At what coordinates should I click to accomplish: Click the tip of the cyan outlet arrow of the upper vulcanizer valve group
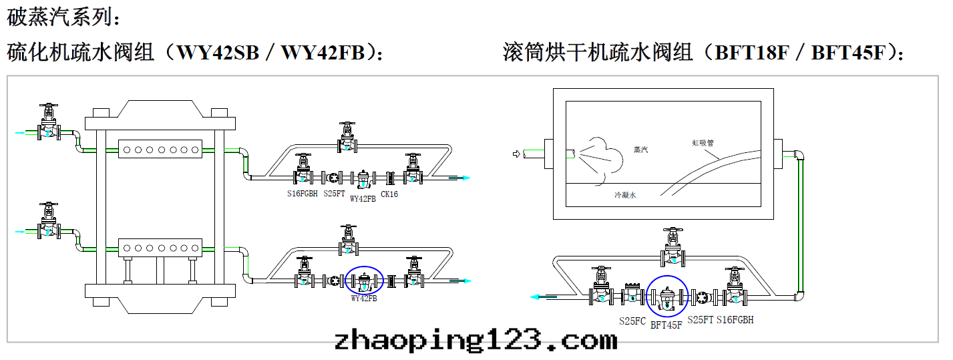(470, 178)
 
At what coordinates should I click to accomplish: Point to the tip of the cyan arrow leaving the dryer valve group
(530, 297)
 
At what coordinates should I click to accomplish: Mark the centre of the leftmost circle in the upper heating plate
(126, 150)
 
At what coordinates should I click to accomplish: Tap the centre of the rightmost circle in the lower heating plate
(195, 248)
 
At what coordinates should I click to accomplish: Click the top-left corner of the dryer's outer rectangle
(553, 89)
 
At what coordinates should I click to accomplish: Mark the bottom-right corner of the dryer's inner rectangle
(761, 206)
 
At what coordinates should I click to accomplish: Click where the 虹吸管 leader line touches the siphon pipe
(719, 159)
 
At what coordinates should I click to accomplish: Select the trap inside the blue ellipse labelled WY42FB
(364, 281)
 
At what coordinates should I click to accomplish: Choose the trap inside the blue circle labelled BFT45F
(666, 298)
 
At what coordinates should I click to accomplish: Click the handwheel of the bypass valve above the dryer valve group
(673, 230)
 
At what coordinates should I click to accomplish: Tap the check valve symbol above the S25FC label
(632, 295)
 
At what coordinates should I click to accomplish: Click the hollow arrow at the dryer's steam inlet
(516, 154)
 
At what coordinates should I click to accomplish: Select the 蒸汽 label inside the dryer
(640, 150)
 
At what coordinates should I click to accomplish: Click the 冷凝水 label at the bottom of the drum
(625, 195)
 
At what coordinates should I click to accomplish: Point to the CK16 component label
(389, 194)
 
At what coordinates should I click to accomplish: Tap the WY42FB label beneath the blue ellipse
(364, 299)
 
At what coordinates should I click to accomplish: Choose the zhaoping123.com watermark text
(475, 340)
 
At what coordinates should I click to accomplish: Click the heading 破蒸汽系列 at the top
(64, 17)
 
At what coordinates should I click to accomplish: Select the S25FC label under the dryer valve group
(632, 321)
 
